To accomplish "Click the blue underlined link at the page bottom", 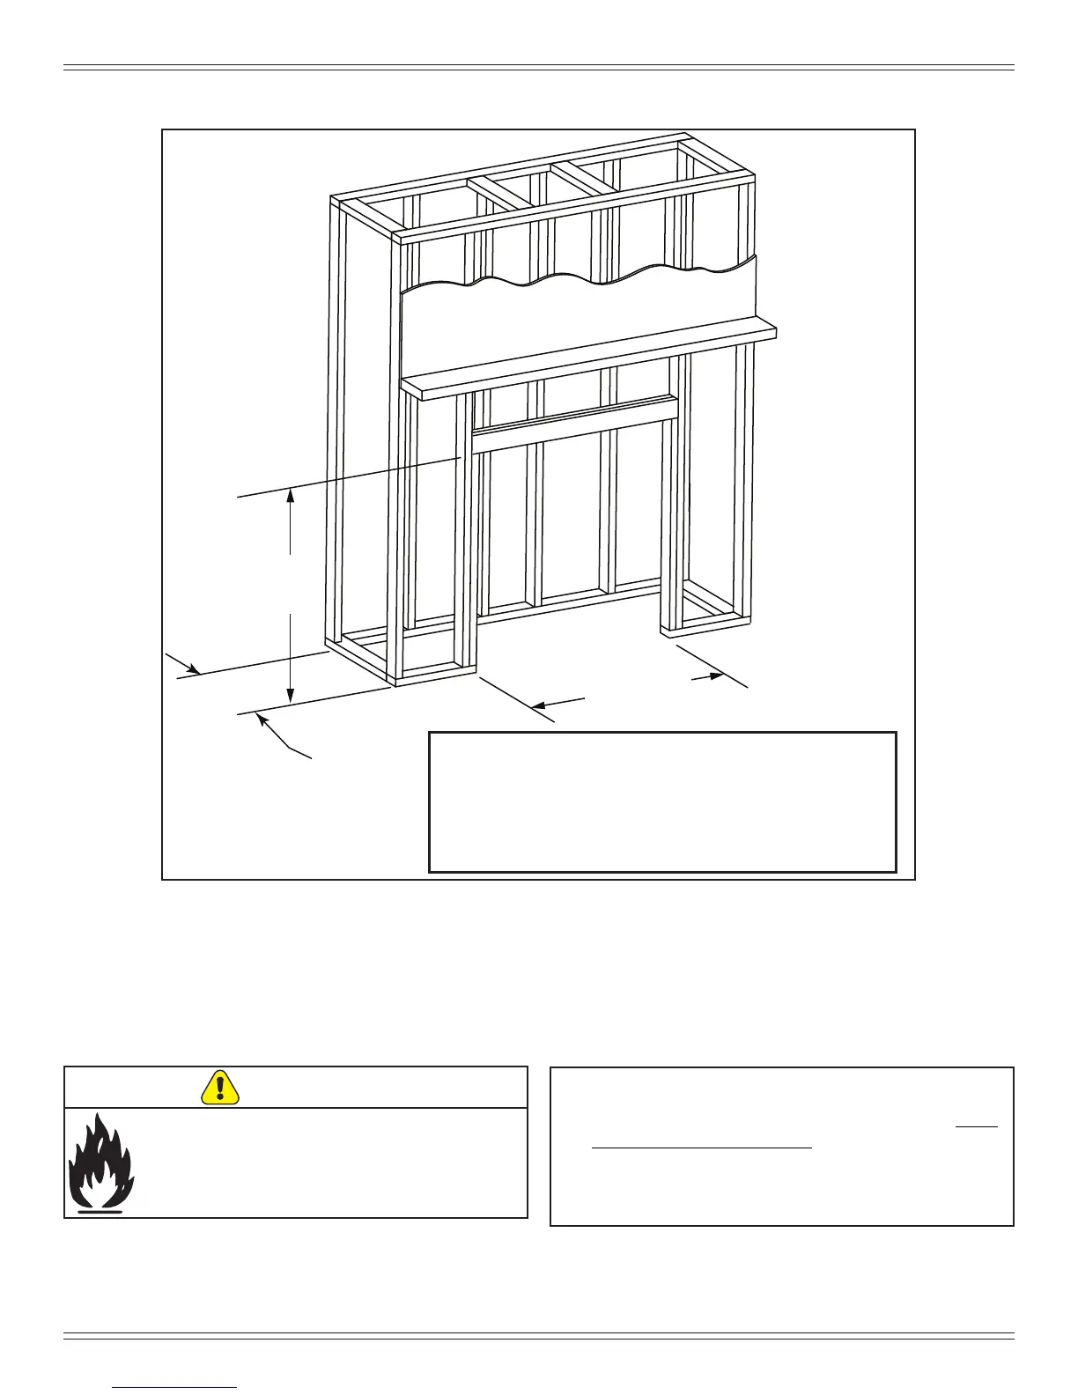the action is pos(175,1387).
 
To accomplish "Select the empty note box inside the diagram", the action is pos(662,801).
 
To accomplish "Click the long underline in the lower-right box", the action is pos(701,1148).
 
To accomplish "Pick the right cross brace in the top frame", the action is pos(583,180).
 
